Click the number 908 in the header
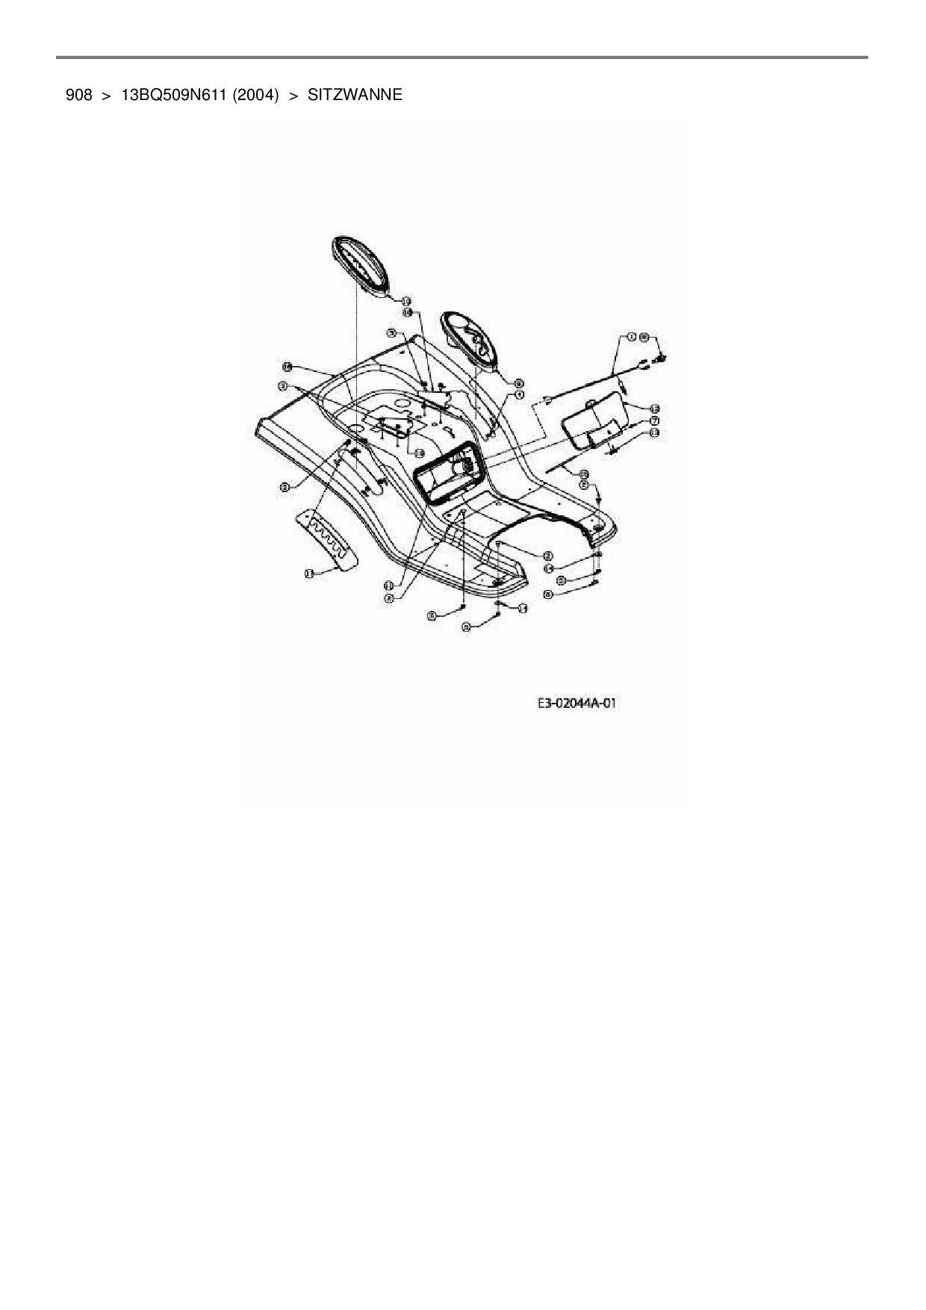coord(78,95)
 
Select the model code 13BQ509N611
coord(173,95)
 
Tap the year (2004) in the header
coord(255,95)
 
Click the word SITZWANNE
coord(355,95)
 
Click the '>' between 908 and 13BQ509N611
coord(106,95)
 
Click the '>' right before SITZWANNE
coord(293,95)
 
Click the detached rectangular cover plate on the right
coord(592,423)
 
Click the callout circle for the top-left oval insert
coord(406,299)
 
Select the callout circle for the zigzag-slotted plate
coord(308,573)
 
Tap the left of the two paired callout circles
coord(631,338)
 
